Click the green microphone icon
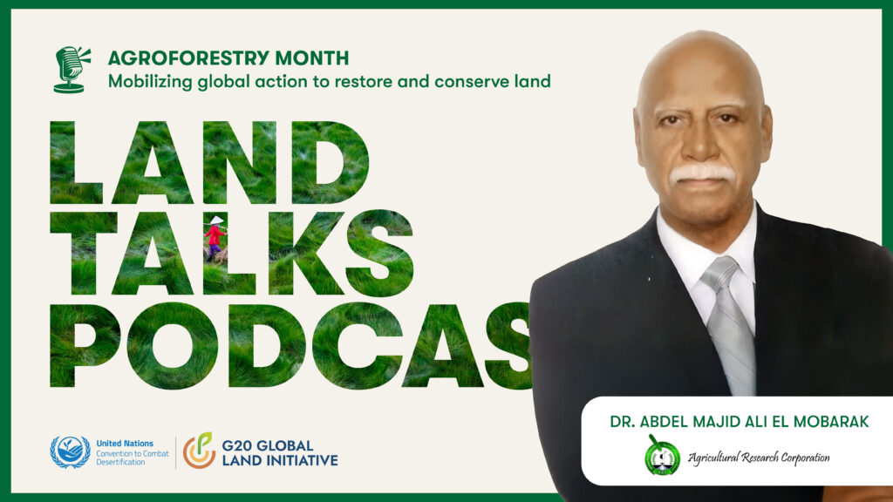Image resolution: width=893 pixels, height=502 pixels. (x=71, y=69)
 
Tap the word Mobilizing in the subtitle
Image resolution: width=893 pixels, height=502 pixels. (x=145, y=82)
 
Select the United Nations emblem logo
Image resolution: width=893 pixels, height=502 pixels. (x=70, y=451)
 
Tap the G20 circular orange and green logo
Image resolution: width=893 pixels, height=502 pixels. (x=198, y=451)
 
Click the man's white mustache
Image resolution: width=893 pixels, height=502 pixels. (x=701, y=173)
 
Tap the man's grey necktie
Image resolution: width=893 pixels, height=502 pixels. (x=730, y=322)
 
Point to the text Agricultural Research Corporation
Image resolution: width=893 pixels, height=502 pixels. (x=758, y=458)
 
